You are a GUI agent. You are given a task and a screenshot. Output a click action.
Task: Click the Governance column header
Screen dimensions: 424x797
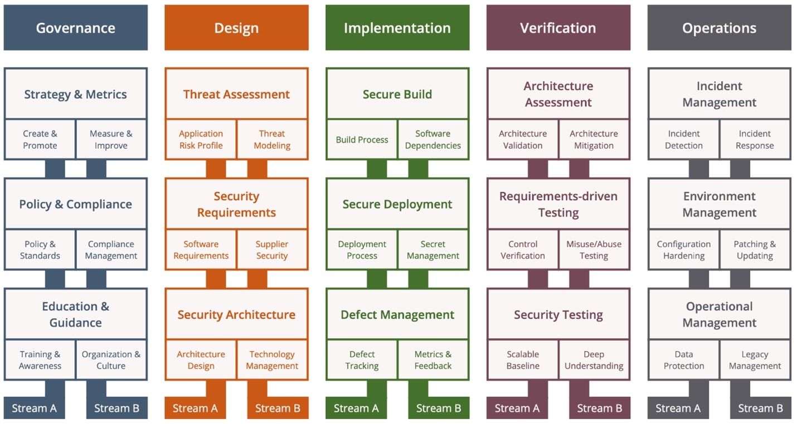(75, 28)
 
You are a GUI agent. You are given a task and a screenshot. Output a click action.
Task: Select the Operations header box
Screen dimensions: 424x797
(719, 28)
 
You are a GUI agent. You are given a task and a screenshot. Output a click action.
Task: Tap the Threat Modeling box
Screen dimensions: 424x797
(272, 139)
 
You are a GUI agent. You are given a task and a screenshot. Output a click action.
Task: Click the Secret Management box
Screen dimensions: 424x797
(433, 250)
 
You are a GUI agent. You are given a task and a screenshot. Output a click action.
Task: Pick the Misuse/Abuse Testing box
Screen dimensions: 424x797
(594, 250)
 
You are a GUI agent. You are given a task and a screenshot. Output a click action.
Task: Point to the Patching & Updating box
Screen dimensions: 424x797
(755, 250)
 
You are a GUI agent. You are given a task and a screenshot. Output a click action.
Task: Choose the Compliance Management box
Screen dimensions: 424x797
(111, 250)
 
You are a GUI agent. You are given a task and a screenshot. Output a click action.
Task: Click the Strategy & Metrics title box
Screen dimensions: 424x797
(75, 94)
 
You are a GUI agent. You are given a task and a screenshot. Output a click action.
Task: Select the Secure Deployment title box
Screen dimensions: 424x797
(397, 204)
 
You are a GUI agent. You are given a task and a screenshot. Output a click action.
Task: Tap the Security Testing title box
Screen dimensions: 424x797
(558, 314)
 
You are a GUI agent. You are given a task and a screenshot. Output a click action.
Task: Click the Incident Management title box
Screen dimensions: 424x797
(719, 94)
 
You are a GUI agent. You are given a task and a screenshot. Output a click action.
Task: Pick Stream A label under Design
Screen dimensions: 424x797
(195, 408)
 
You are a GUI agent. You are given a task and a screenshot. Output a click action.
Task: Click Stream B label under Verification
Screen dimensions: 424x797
(599, 408)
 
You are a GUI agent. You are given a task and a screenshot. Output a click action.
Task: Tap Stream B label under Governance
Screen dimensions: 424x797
(116, 408)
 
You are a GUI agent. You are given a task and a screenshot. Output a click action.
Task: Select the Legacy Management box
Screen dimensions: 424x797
(755, 360)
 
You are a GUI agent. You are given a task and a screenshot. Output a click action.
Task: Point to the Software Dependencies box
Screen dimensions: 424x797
(433, 139)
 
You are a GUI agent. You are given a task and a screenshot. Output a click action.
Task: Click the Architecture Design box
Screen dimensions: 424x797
(201, 360)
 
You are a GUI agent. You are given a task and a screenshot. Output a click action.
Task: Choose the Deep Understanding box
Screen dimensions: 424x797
(594, 360)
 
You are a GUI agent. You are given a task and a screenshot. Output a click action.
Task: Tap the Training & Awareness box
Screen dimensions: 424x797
(40, 360)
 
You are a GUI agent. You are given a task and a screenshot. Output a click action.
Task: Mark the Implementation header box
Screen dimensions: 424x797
(397, 28)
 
